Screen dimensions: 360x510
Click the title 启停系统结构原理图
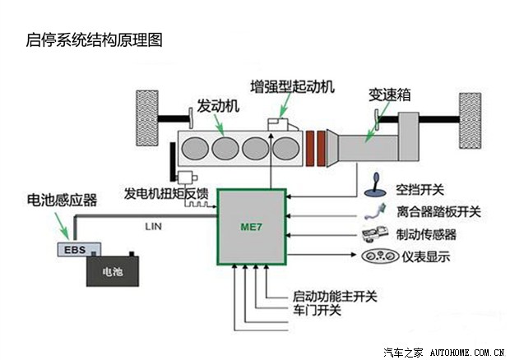[91, 39]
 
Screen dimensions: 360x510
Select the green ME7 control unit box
[251, 231]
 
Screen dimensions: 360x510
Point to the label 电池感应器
[62, 200]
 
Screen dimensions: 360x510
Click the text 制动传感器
[426, 234]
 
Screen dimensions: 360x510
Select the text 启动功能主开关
[334, 295]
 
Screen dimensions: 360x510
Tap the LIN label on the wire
[154, 224]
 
